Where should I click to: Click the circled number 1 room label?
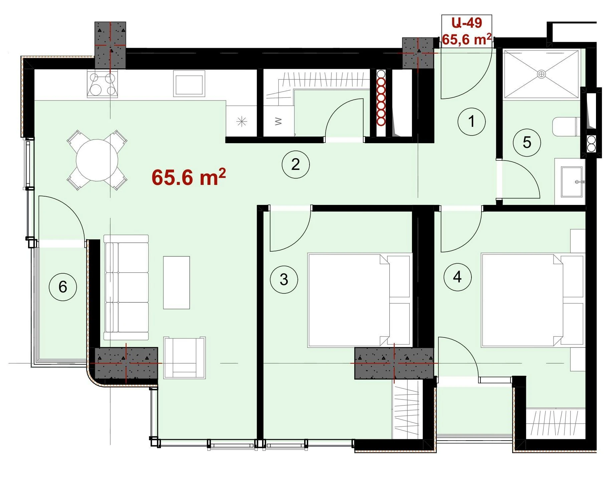(471, 121)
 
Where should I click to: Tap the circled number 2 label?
(296, 164)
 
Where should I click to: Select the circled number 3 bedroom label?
(284, 279)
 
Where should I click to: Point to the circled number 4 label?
(457, 277)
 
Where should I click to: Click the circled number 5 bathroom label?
(527, 143)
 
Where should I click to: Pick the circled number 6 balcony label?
(63, 287)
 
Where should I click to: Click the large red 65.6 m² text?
(189, 177)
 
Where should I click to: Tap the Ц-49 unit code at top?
(467, 23)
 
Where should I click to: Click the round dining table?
(97, 160)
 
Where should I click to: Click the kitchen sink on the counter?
(189, 85)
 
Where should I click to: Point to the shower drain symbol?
(541, 74)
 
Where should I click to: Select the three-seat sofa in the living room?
(126, 287)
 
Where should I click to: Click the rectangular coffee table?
(177, 282)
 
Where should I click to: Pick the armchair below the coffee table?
(184, 357)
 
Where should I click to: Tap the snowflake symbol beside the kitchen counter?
(242, 121)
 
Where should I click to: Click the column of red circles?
(381, 102)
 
